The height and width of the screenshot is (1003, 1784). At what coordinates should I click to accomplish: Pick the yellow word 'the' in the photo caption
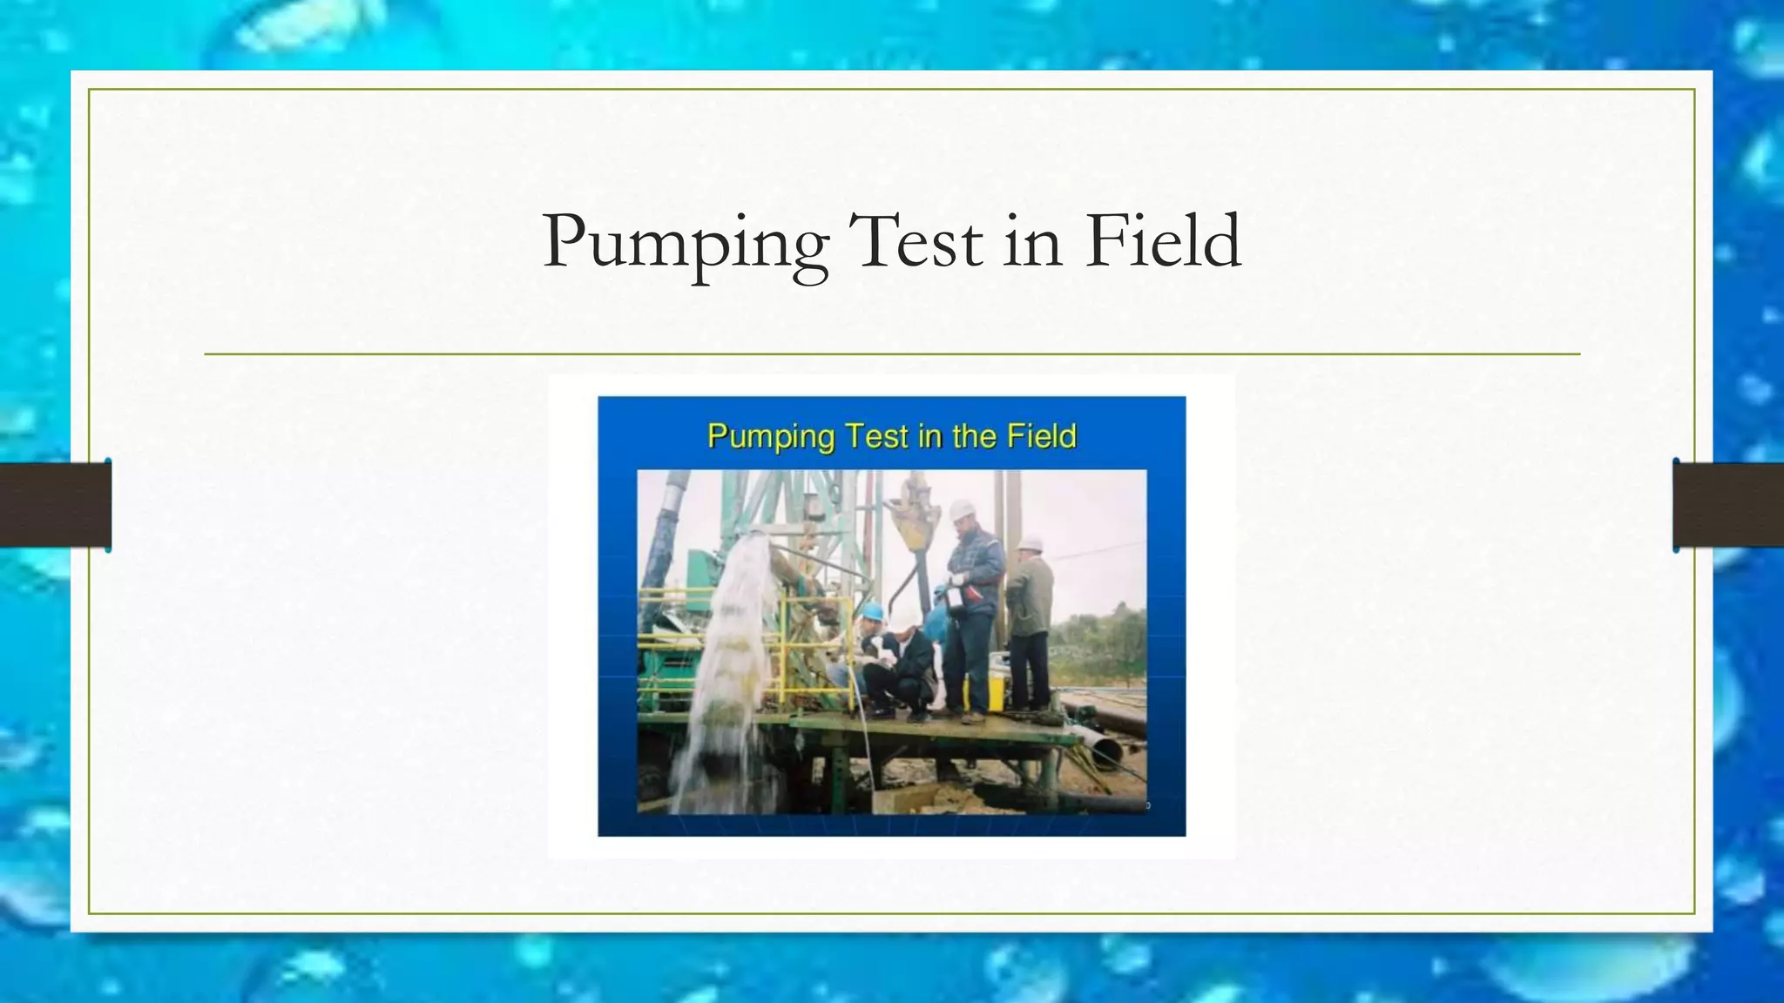point(976,436)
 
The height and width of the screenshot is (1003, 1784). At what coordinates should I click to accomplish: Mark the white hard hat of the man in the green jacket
point(1031,544)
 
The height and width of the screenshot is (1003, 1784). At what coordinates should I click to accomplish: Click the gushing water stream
point(732,662)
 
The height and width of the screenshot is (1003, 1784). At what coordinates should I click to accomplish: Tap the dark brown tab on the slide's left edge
point(55,505)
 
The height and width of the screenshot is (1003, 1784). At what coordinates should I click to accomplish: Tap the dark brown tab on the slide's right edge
point(1728,505)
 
